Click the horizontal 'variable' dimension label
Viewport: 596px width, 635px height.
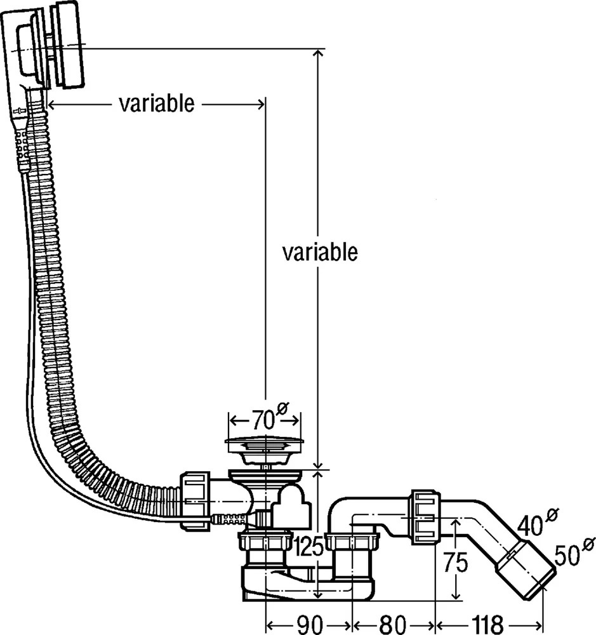point(157,104)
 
